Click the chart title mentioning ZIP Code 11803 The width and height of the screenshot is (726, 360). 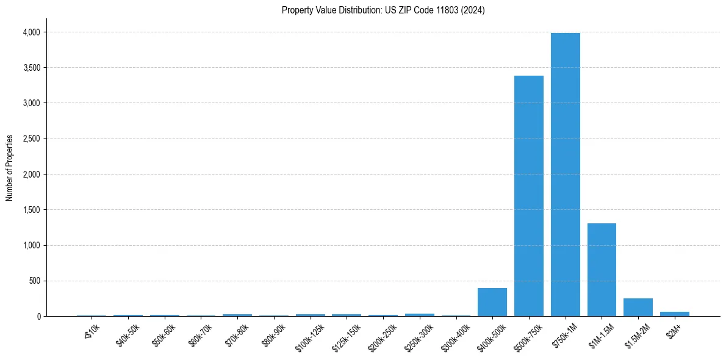coord(383,10)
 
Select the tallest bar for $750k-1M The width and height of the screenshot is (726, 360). coord(565,175)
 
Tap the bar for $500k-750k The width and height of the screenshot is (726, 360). coord(528,196)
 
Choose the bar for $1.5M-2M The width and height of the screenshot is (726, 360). coord(638,308)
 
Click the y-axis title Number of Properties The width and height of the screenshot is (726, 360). coord(10,168)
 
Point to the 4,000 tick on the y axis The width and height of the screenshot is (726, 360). coord(31,32)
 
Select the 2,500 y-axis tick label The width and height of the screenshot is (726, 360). coord(31,139)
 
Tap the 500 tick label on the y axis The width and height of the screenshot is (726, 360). coord(34,281)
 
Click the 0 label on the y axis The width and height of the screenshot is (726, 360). coord(38,317)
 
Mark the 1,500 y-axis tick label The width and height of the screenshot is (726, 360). coord(31,210)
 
